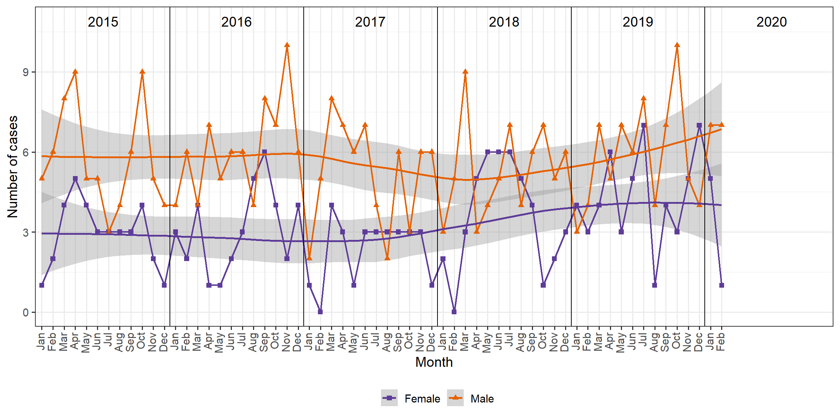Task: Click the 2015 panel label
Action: (x=103, y=22)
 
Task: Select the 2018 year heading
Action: (x=504, y=22)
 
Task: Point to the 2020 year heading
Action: (x=771, y=22)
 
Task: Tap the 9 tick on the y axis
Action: (x=26, y=72)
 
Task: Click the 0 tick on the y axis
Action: (x=26, y=312)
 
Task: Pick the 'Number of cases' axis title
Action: (x=12, y=167)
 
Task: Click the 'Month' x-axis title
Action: (x=434, y=362)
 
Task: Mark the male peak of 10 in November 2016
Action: (x=287, y=45)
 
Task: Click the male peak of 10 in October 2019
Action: (x=677, y=45)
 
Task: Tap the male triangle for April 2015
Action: (x=75, y=72)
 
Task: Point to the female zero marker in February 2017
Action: (x=320, y=312)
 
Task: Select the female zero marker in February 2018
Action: (x=454, y=312)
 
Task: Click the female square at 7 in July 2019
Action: (x=643, y=125)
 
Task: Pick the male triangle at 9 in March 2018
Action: (x=465, y=72)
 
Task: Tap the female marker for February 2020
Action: (x=722, y=285)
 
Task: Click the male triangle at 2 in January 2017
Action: (x=309, y=258)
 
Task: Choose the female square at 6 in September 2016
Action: (x=264, y=152)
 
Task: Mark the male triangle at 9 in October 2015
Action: (x=142, y=72)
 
